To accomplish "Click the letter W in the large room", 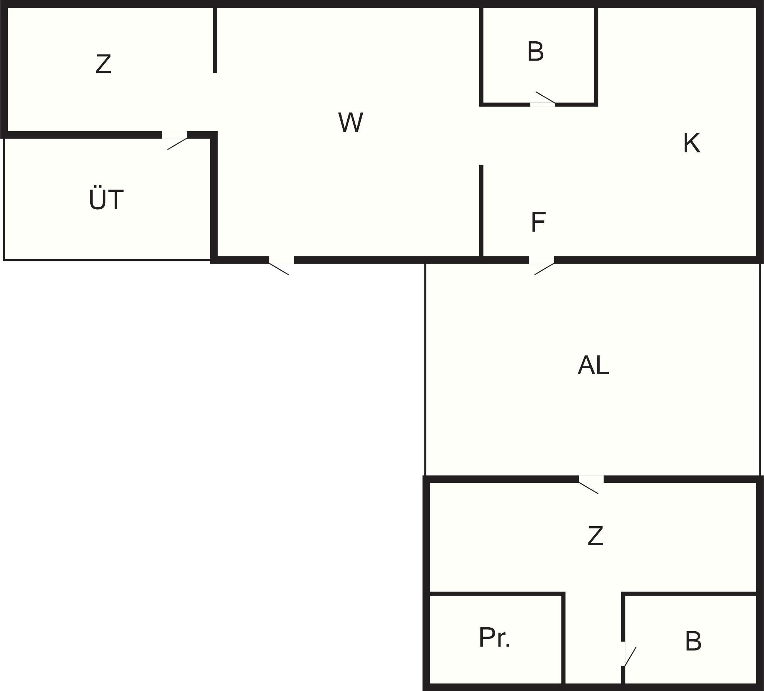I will tap(350, 123).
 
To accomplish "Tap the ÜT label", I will tap(106, 200).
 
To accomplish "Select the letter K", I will tap(691, 143).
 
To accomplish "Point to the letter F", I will tap(538, 222).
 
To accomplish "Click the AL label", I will tap(593, 365).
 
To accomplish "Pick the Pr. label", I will tap(494, 637).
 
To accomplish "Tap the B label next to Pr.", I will tap(693, 641).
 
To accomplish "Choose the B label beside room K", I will tap(536, 51).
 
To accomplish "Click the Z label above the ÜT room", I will tap(103, 64).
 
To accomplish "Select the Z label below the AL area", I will tap(595, 536).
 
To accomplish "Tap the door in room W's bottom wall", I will tap(281, 261).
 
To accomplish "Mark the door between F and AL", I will tap(541, 261).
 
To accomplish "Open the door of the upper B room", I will tap(543, 104).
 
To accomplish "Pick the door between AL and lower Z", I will tap(591, 479).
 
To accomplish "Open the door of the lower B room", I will tap(623, 654).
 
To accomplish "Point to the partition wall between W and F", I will tap(481, 210).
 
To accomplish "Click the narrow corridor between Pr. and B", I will tap(593, 641).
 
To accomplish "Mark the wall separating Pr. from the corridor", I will tap(563, 641).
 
